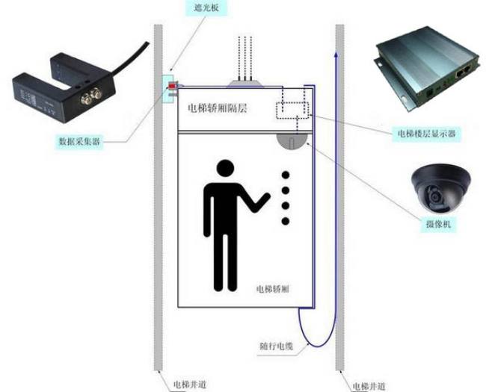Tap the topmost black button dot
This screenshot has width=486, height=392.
tap(284, 175)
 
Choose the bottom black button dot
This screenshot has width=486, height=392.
tap(284, 220)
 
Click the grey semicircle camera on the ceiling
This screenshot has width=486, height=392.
tap(292, 139)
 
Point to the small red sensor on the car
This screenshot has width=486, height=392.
tap(171, 88)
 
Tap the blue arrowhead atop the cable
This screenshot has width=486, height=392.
tap(335, 55)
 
